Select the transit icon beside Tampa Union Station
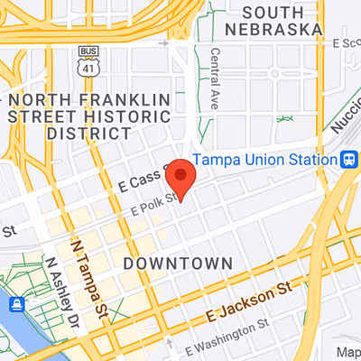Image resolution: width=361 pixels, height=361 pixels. click(347, 159)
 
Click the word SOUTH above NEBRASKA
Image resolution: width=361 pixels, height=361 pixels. click(272, 11)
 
